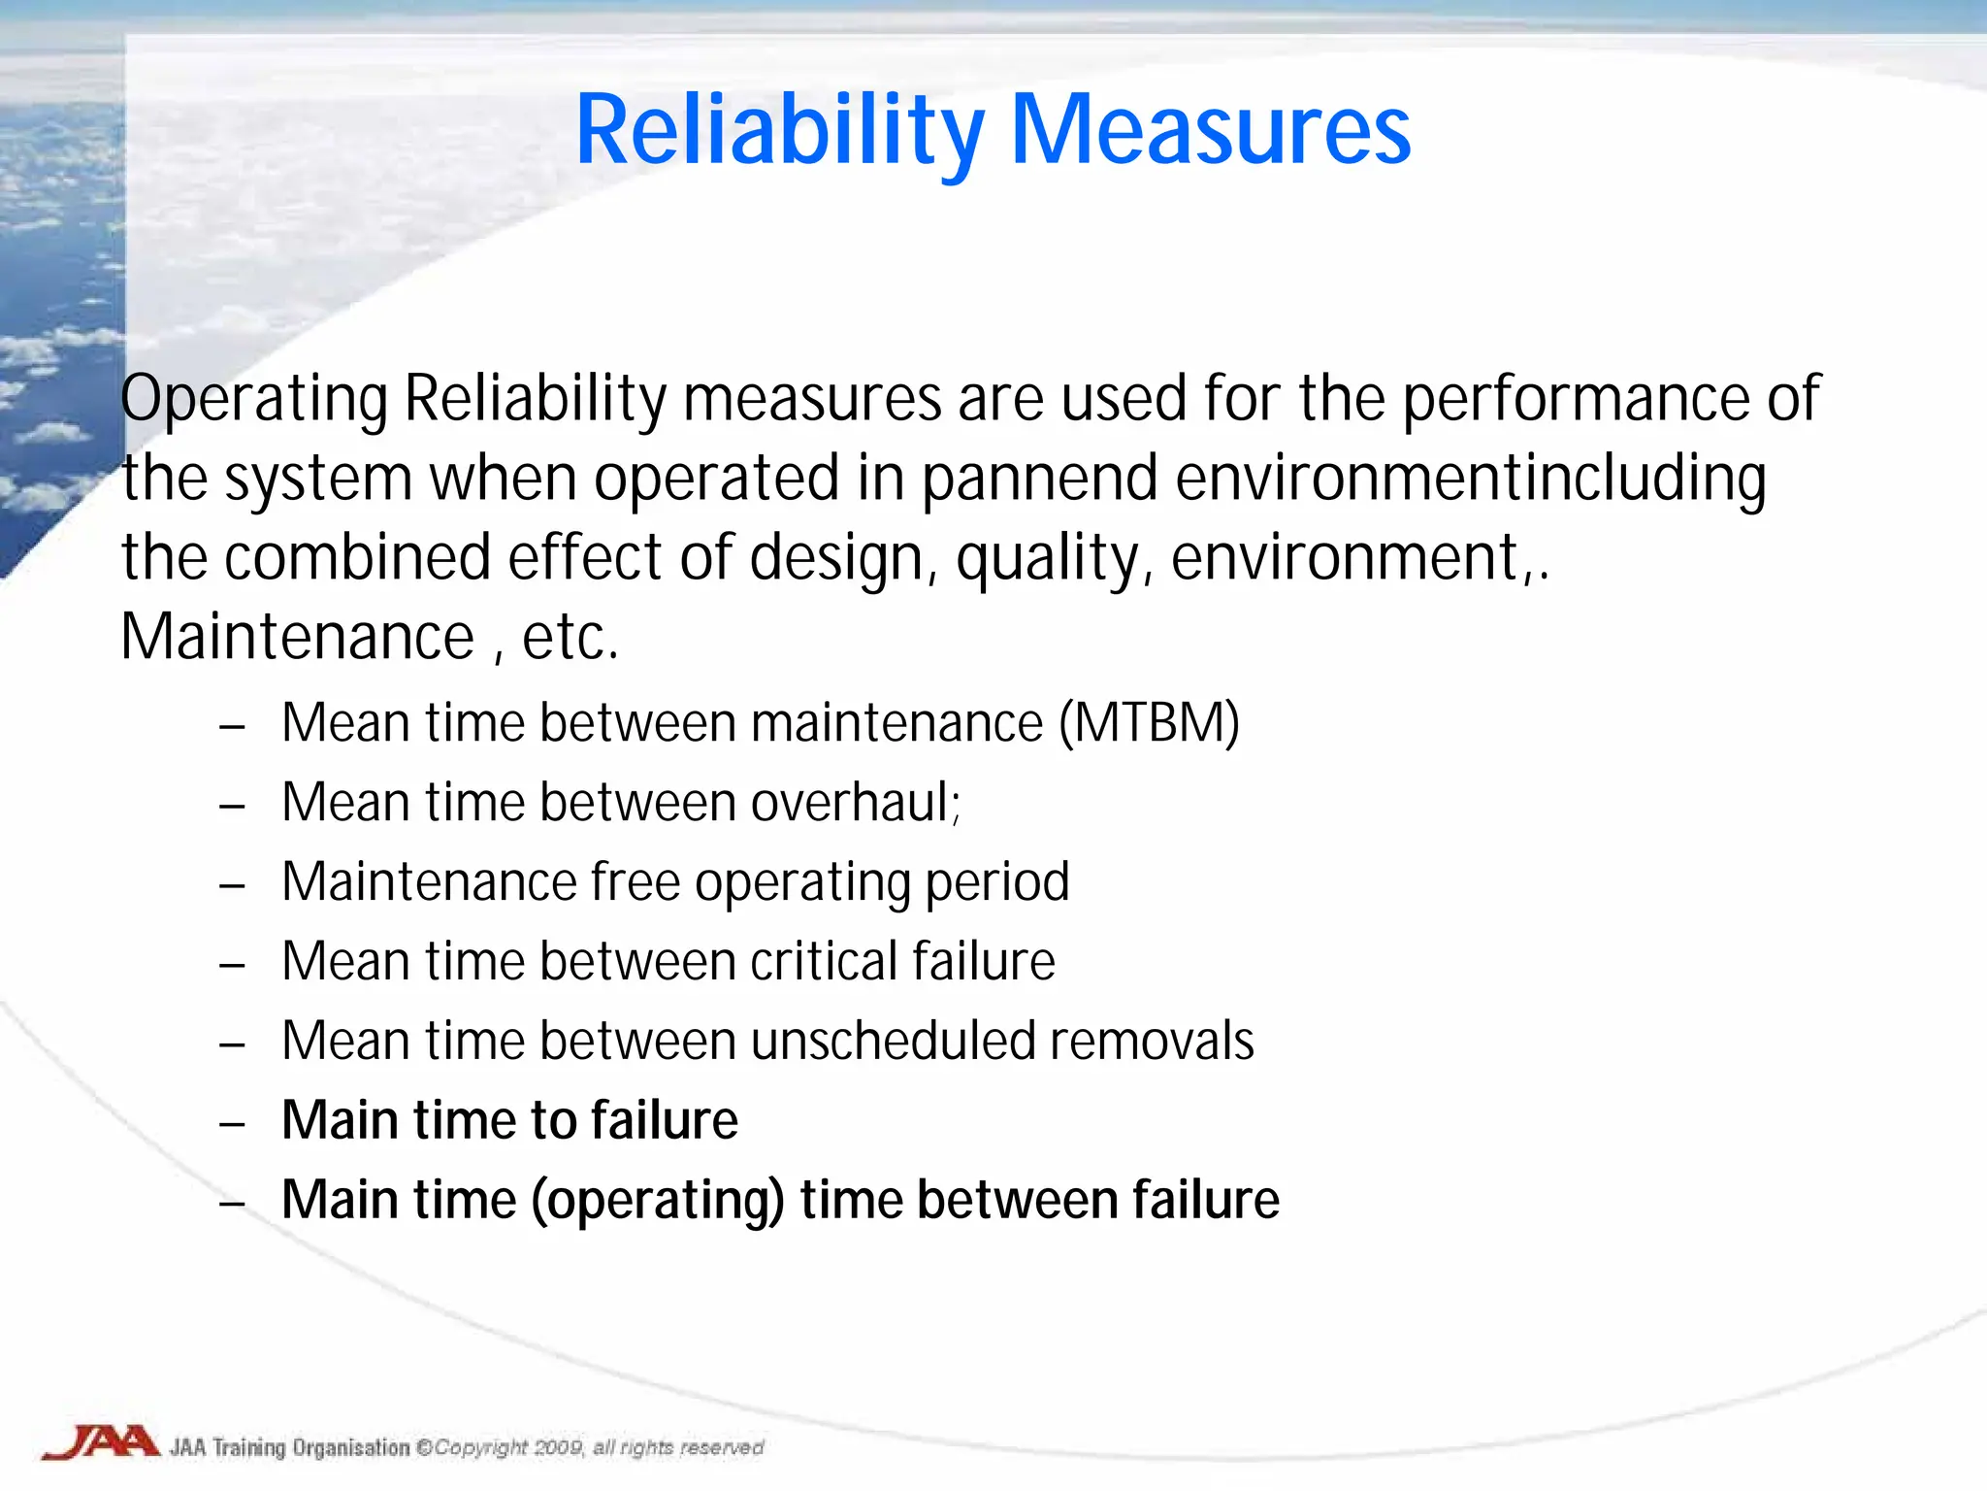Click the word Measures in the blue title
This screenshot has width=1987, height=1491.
tap(1210, 131)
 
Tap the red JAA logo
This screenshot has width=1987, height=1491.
tap(101, 1442)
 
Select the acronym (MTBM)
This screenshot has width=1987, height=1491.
tap(1149, 723)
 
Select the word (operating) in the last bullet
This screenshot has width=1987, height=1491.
tap(658, 1201)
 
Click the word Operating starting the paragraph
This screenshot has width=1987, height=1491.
tap(254, 399)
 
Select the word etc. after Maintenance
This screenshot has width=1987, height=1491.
tap(570, 638)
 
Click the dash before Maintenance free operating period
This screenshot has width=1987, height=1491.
tap(232, 885)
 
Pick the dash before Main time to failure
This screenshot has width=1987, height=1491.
tap(232, 1124)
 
